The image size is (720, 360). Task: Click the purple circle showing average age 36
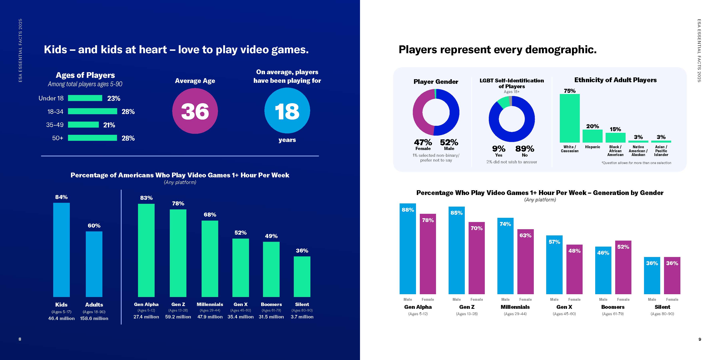195,111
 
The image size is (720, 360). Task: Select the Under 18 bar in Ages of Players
85,98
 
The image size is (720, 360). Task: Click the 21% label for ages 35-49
109,125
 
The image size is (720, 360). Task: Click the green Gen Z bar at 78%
178,253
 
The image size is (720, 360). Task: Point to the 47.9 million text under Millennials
210,317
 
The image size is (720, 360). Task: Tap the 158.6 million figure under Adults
94,318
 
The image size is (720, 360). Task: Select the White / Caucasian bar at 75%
570,118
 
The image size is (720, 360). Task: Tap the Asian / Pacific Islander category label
661,151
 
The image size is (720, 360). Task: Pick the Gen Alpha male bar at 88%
408,249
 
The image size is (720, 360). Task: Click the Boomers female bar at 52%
623,267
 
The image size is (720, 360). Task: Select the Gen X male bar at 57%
554,264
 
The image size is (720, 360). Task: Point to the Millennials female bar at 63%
525,262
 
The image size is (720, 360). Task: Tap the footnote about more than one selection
636,163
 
